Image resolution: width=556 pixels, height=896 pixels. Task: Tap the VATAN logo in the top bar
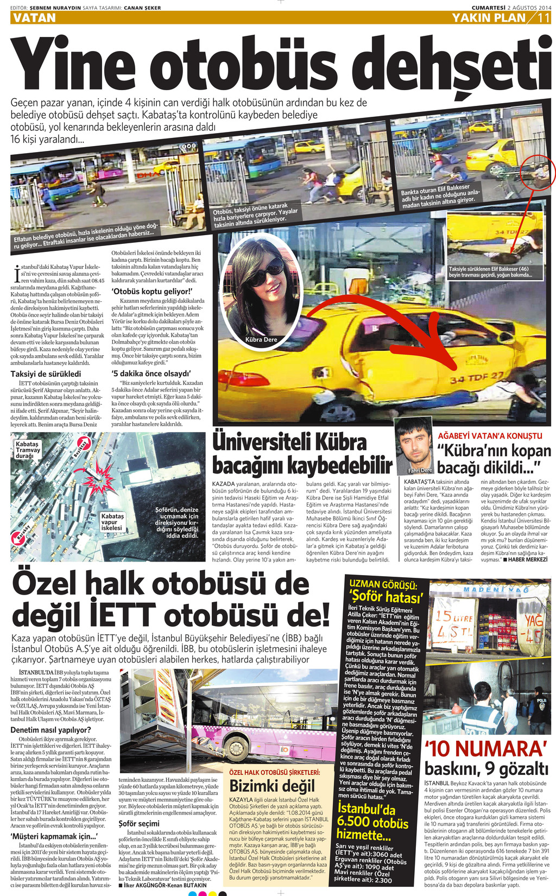(34, 18)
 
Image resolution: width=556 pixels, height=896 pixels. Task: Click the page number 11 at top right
(544, 18)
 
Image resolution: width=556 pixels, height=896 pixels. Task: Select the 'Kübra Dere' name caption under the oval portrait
(261, 339)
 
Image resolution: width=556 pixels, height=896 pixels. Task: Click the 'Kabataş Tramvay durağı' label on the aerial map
(28, 450)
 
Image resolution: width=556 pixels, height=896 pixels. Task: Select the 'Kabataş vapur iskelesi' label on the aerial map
(112, 522)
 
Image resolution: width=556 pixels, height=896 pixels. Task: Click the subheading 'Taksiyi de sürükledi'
(46, 374)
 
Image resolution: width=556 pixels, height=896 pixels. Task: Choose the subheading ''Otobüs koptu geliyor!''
(148, 291)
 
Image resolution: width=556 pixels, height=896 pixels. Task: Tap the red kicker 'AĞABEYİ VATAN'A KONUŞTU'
(490, 436)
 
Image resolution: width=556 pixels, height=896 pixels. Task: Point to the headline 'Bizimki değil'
(272, 786)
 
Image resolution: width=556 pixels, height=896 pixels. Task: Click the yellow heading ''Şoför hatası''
(386, 597)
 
